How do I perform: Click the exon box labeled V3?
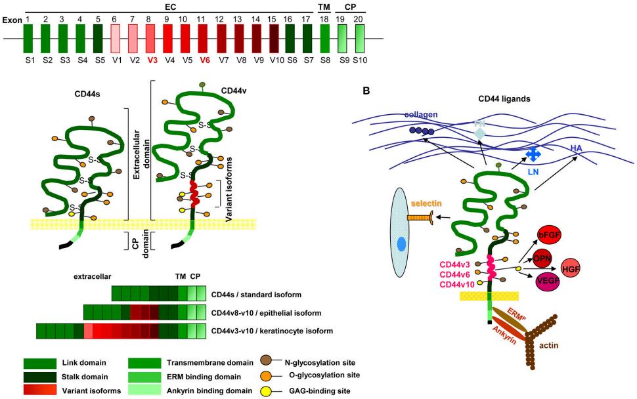pyautogui.click(x=152, y=39)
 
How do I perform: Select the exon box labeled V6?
pyautogui.click(x=204, y=39)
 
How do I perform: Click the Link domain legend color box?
pyautogui.click(x=43, y=363)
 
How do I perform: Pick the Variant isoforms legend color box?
pyautogui.click(x=43, y=389)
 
